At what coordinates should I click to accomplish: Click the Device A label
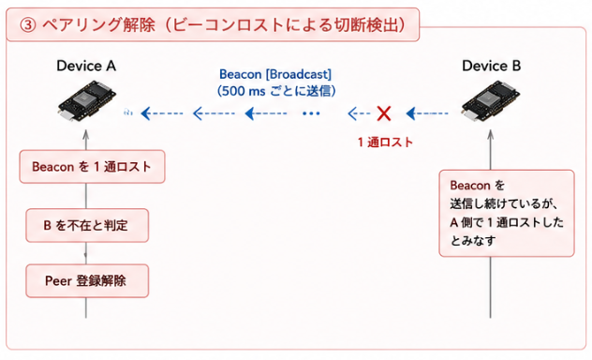86,66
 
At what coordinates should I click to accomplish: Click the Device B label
491,66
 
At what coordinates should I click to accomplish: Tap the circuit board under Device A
86,100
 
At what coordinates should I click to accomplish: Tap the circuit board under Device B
491,100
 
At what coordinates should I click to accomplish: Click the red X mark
384,113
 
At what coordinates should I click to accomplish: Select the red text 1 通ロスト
385,142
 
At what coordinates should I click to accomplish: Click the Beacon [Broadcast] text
275,74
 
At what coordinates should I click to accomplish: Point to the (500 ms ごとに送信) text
276,91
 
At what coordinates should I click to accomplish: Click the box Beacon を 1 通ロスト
92,167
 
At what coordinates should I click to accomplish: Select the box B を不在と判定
87,226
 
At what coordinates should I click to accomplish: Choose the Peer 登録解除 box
87,281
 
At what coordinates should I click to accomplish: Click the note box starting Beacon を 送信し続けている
507,213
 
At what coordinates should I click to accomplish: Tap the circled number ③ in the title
28,25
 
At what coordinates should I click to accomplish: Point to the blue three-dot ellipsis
311,113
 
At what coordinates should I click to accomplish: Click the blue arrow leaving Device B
427,113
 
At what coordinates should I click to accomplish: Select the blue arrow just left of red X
359,113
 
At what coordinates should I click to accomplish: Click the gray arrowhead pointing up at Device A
86,134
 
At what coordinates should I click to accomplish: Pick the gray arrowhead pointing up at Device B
491,134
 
